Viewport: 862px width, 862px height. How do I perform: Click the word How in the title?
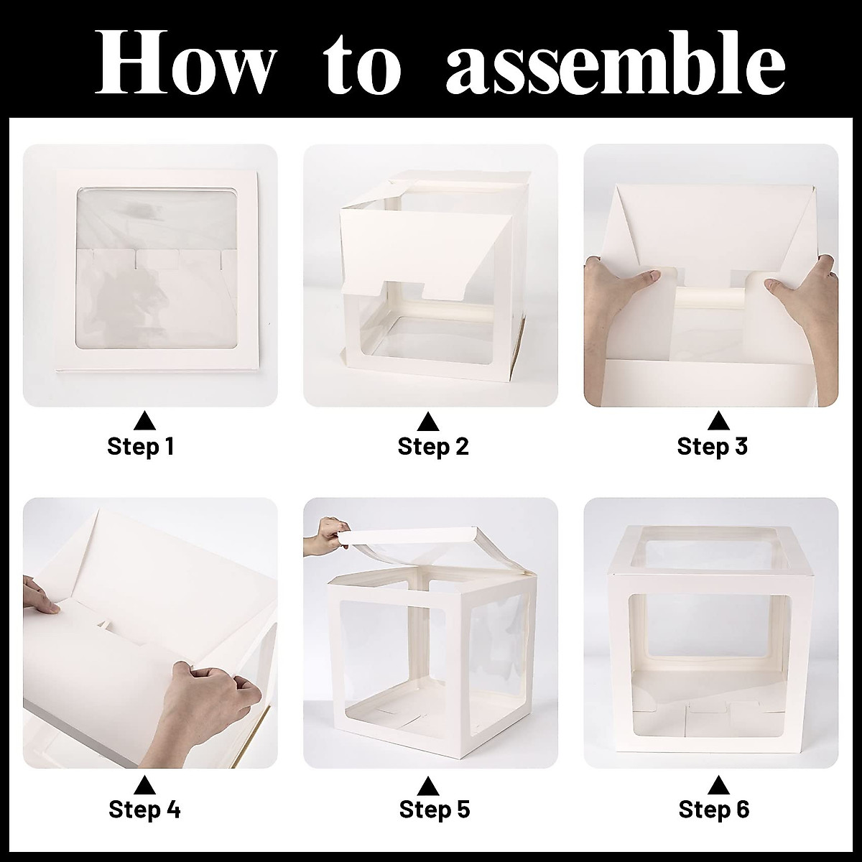(182, 62)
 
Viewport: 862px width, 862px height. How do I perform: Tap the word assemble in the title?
(616, 62)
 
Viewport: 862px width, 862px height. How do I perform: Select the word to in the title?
(362, 65)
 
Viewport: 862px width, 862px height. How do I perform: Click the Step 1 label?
(141, 446)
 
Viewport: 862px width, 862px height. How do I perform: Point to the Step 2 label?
(433, 446)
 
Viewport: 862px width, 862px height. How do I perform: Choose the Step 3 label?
(712, 446)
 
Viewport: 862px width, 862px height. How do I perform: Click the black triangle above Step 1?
(144, 422)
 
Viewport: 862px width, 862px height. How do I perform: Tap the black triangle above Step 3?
(719, 422)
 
